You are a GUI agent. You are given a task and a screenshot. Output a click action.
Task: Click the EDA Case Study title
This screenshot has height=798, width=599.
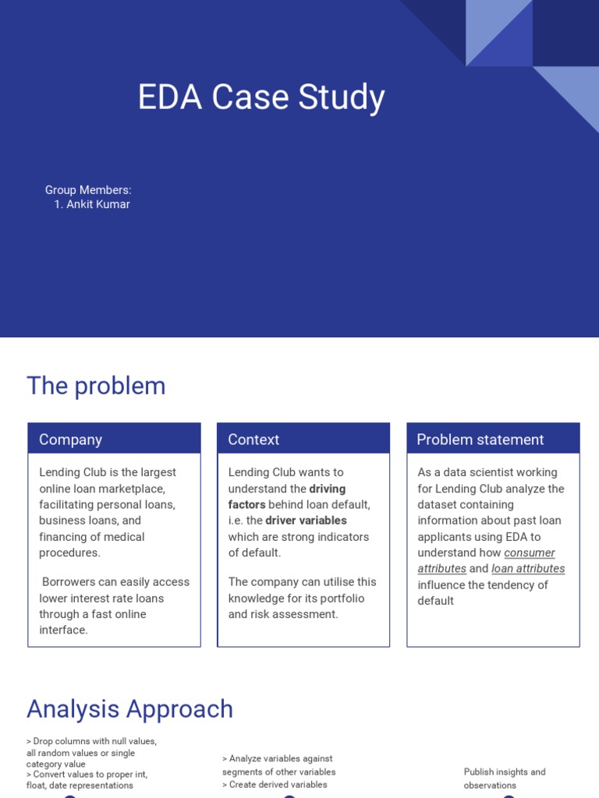click(261, 98)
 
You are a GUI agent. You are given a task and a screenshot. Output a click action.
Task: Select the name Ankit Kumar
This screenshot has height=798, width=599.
click(97, 204)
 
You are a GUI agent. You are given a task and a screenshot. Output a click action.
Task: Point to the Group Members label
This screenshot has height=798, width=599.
click(88, 190)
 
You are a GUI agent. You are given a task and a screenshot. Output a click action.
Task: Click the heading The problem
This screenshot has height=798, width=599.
click(96, 386)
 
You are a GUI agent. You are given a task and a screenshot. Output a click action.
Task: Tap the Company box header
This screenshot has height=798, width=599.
click(71, 440)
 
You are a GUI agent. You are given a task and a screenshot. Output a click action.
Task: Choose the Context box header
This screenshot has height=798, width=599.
click(253, 440)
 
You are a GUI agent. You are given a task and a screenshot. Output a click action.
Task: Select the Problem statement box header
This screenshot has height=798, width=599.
click(480, 440)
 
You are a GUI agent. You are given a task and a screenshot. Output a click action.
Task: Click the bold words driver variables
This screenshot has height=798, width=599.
click(306, 521)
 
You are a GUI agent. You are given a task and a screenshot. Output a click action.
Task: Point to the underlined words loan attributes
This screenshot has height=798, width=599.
click(528, 569)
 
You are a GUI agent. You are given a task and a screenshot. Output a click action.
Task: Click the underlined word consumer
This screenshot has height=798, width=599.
click(530, 553)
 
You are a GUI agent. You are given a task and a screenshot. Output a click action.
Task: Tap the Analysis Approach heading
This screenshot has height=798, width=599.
click(129, 709)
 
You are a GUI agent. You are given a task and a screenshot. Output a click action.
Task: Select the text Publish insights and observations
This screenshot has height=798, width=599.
click(505, 779)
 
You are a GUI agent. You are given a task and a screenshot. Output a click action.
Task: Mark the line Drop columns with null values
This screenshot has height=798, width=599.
click(92, 741)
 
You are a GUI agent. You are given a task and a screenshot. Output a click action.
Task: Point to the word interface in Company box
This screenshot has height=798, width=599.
click(63, 630)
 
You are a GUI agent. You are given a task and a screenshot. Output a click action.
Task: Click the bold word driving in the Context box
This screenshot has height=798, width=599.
click(328, 489)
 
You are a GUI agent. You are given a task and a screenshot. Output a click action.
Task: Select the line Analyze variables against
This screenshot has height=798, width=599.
click(278, 758)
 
